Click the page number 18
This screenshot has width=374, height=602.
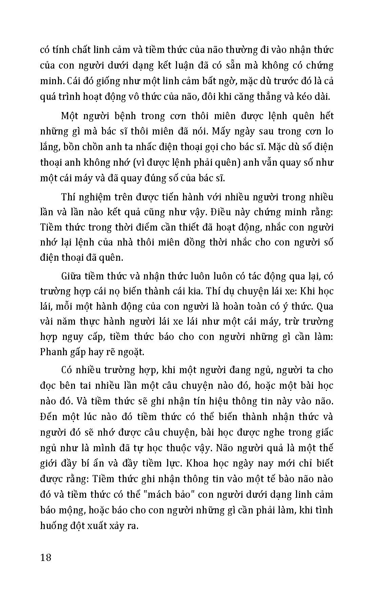pos(45,557)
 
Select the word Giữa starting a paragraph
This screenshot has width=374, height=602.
pos(72,276)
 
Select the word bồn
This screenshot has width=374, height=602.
pos(75,147)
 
